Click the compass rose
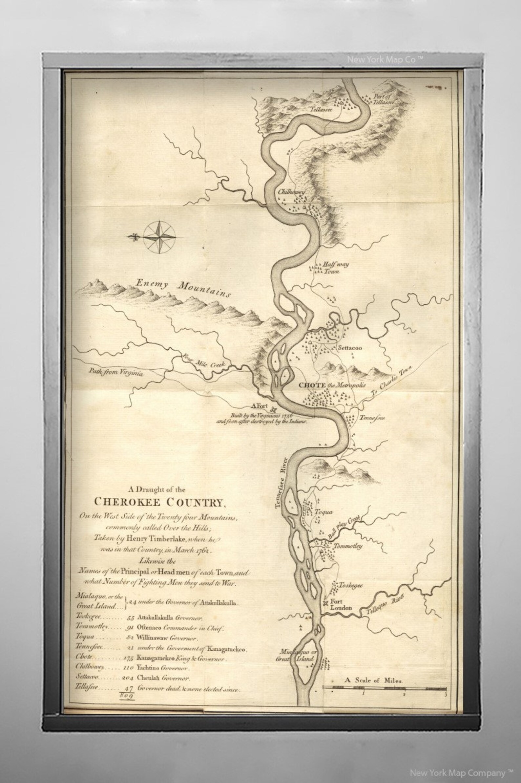click(x=159, y=237)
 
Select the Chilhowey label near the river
click(x=291, y=192)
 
